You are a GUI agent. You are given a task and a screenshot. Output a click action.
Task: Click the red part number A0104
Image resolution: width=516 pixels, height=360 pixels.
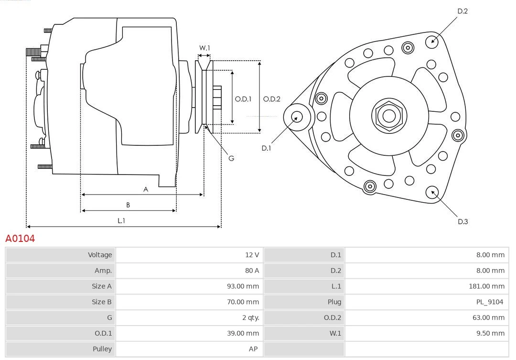(x=20, y=238)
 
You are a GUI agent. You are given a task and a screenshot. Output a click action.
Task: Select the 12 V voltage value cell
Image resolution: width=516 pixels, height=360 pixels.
(x=252, y=255)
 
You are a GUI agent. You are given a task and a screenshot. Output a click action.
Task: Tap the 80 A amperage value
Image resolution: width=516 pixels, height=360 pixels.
(x=252, y=271)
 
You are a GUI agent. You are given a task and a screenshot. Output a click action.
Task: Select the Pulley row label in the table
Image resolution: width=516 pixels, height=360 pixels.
(x=102, y=349)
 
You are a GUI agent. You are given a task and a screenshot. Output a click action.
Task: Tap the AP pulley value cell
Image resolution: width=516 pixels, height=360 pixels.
(x=253, y=349)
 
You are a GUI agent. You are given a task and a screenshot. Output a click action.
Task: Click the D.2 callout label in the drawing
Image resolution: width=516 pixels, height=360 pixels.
(x=462, y=11)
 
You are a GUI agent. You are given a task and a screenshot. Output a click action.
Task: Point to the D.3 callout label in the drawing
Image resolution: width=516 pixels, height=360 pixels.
(x=462, y=221)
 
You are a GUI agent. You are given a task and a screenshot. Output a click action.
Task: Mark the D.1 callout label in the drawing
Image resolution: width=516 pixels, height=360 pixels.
(x=266, y=148)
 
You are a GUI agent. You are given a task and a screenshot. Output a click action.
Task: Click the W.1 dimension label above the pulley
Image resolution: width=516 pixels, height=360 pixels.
(x=204, y=48)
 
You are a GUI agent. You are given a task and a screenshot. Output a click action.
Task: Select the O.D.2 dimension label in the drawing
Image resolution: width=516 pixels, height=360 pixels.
(x=271, y=99)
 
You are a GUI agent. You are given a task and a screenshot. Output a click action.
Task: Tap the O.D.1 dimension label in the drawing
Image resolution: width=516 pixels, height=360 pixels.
(x=243, y=99)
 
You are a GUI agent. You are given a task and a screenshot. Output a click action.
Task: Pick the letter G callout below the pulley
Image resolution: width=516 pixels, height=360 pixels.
(x=231, y=158)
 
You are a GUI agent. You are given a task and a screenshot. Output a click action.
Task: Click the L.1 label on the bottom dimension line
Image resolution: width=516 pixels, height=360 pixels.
(x=121, y=220)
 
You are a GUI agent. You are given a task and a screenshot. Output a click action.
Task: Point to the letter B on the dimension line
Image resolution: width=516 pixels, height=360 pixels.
(x=128, y=205)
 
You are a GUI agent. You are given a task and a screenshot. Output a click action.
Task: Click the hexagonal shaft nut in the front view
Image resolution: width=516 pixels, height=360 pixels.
(x=389, y=116)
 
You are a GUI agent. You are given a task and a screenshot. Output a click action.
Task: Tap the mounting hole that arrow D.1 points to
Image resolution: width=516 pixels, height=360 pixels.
(x=296, y=116)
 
